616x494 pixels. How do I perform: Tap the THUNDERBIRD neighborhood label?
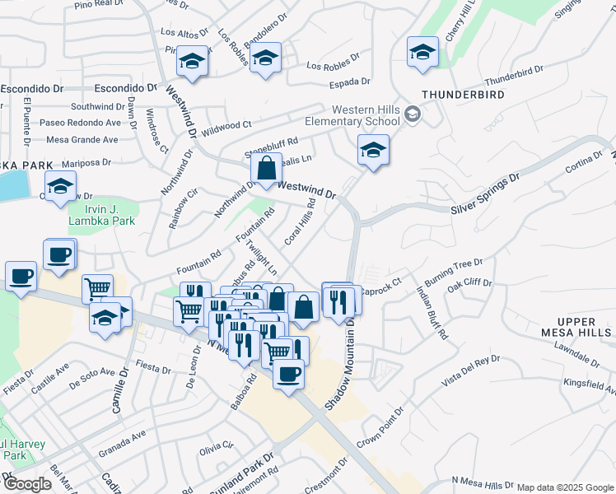[x=464, y=95]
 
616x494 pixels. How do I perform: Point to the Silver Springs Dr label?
[x=486, y=194]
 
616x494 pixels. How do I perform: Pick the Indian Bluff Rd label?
[x=432, y=312]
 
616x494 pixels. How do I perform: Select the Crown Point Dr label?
[x=380, y=427]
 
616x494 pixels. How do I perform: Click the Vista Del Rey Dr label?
[x=471, y=368]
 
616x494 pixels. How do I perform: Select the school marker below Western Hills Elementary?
[x=373, y=151]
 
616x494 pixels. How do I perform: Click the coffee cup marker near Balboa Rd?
[x=288, y=375]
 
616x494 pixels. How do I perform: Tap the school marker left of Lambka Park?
[x=61, y=187]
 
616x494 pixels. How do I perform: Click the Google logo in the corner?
[x=26, y=484]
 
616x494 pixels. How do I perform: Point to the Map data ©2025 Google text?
[x=564, y=487]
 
